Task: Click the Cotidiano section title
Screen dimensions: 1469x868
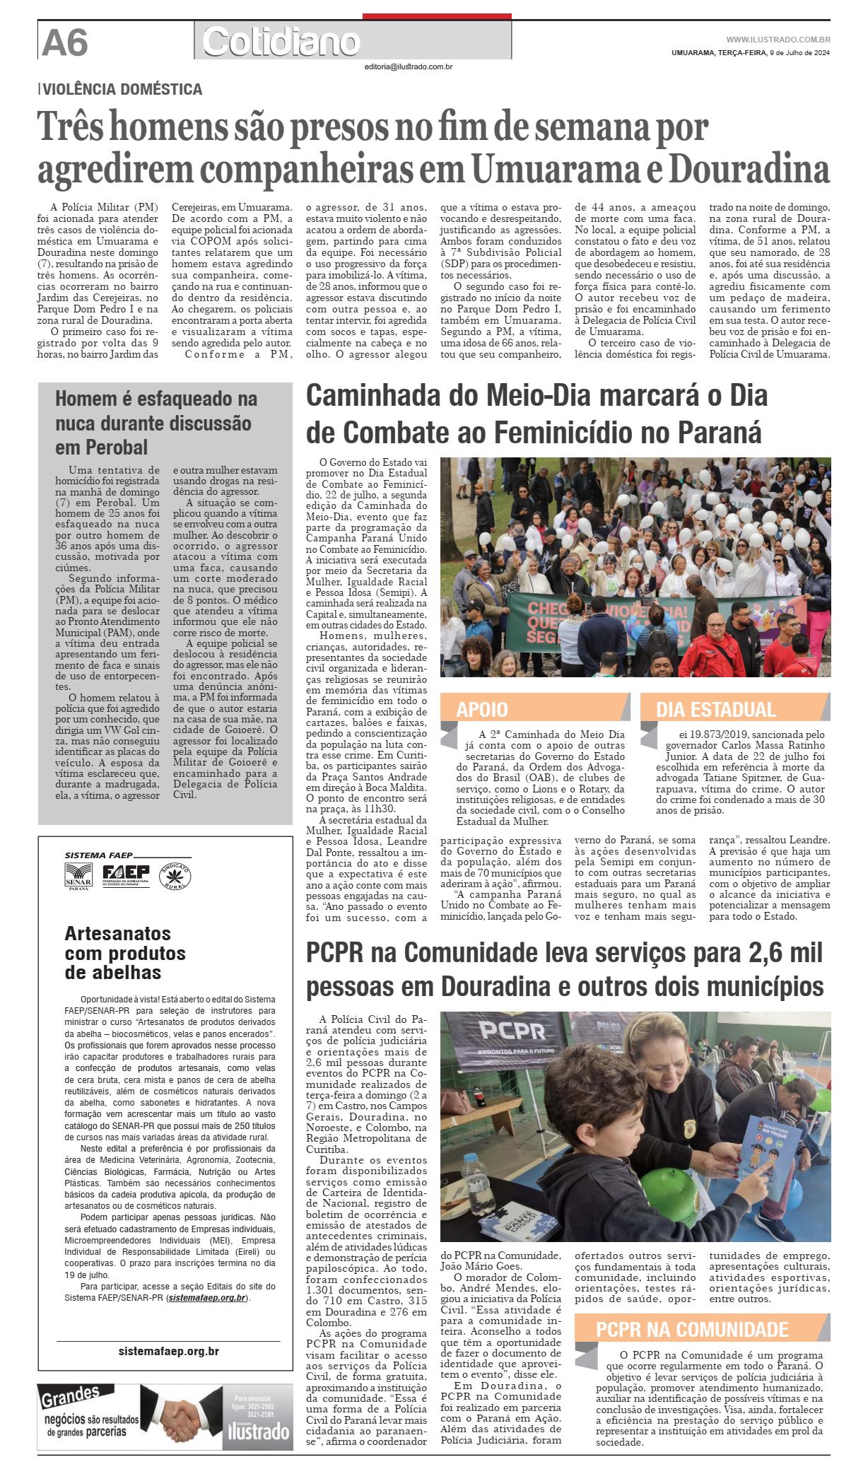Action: point(281,42)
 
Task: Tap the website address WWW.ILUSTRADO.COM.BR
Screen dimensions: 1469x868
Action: point(778,40)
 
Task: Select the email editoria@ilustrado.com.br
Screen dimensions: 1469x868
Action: point(408,66)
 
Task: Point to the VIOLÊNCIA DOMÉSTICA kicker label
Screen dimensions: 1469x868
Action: point(122,90)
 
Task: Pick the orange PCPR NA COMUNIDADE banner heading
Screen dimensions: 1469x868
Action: point(692,1328)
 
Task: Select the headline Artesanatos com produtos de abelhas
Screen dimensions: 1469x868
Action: point(124,953)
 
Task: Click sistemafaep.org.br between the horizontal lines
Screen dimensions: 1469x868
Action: point(168,1351)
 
